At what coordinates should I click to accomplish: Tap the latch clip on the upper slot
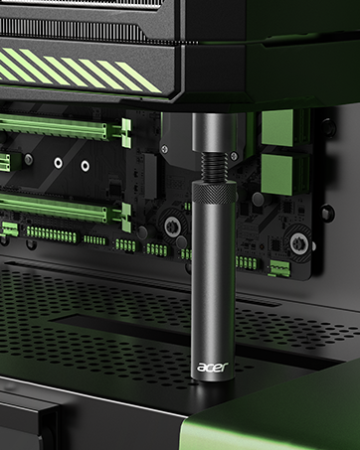126,128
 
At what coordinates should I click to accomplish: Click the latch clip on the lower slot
126,208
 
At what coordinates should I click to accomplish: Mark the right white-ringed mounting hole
84,166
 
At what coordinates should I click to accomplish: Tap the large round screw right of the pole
294,241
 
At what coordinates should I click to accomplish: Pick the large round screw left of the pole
173,225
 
